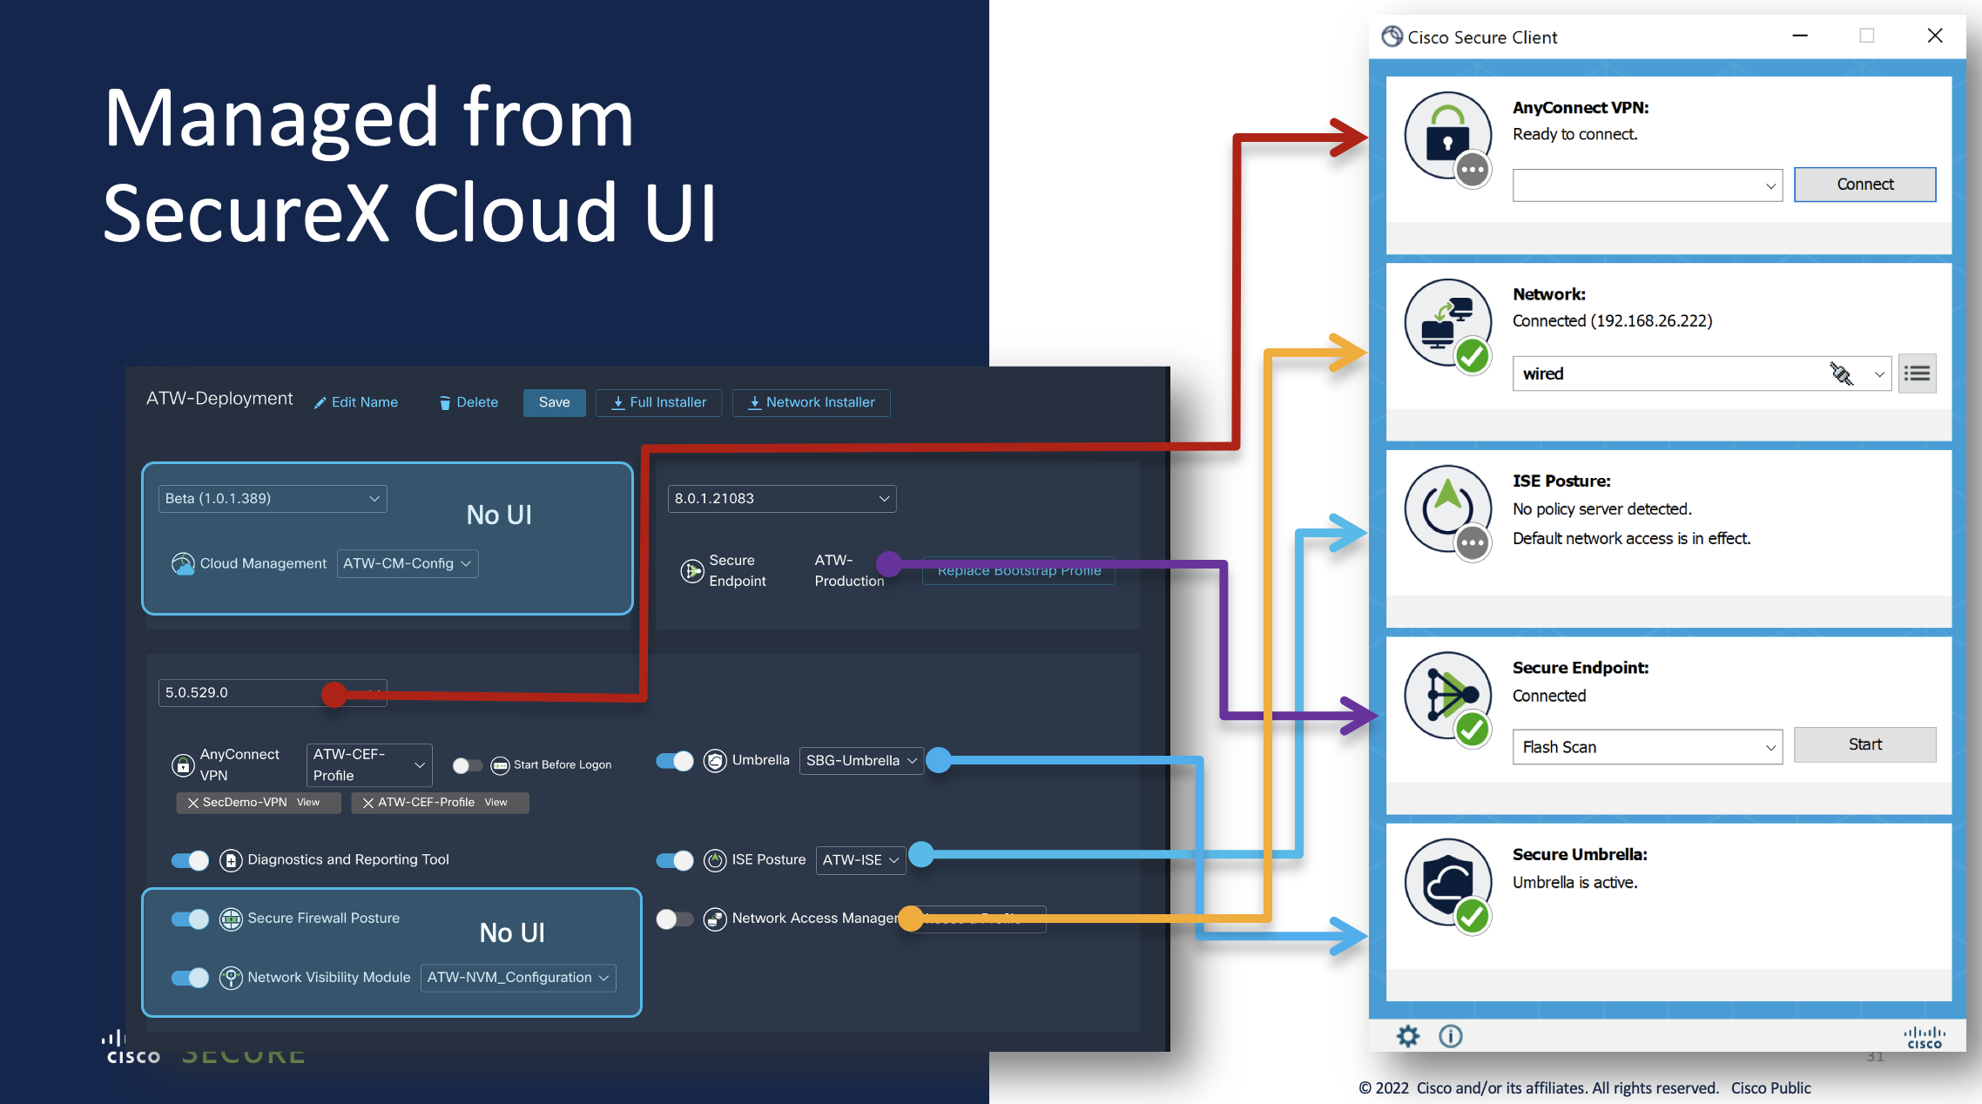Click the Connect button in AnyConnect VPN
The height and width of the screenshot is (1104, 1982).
(x=1864, y=185)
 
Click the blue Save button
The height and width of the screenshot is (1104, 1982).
(x=554, y=402)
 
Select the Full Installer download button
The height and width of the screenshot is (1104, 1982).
(x=658, y=402)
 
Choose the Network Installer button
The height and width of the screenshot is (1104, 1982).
(x=811, y=402)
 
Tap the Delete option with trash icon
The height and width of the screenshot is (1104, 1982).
(x=469, y=402)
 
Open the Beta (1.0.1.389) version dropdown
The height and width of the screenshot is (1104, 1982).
(x=272, y=499)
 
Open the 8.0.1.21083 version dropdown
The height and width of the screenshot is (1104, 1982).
(x=781, y=499)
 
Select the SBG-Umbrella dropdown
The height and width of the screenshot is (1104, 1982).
(x=860, y=761)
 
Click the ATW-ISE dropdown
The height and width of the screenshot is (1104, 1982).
(x=860, y=860)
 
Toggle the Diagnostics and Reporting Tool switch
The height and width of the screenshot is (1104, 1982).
(x=190, y=860)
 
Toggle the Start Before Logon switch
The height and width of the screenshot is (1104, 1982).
(x=468, y=765)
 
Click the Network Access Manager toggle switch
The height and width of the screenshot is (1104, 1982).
(x=674, y=919)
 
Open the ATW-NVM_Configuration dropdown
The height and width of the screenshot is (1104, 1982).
(x=517, y=978)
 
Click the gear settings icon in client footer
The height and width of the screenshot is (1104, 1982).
(x=1407, y=1036)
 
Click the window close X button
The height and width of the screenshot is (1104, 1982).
(x=1934, y=36)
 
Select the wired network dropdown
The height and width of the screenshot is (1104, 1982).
(x=1701, y=374)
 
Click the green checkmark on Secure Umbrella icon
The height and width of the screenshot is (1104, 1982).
(x=1472, y=916)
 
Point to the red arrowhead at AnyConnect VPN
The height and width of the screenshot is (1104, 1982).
(x=1349, y=138)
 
